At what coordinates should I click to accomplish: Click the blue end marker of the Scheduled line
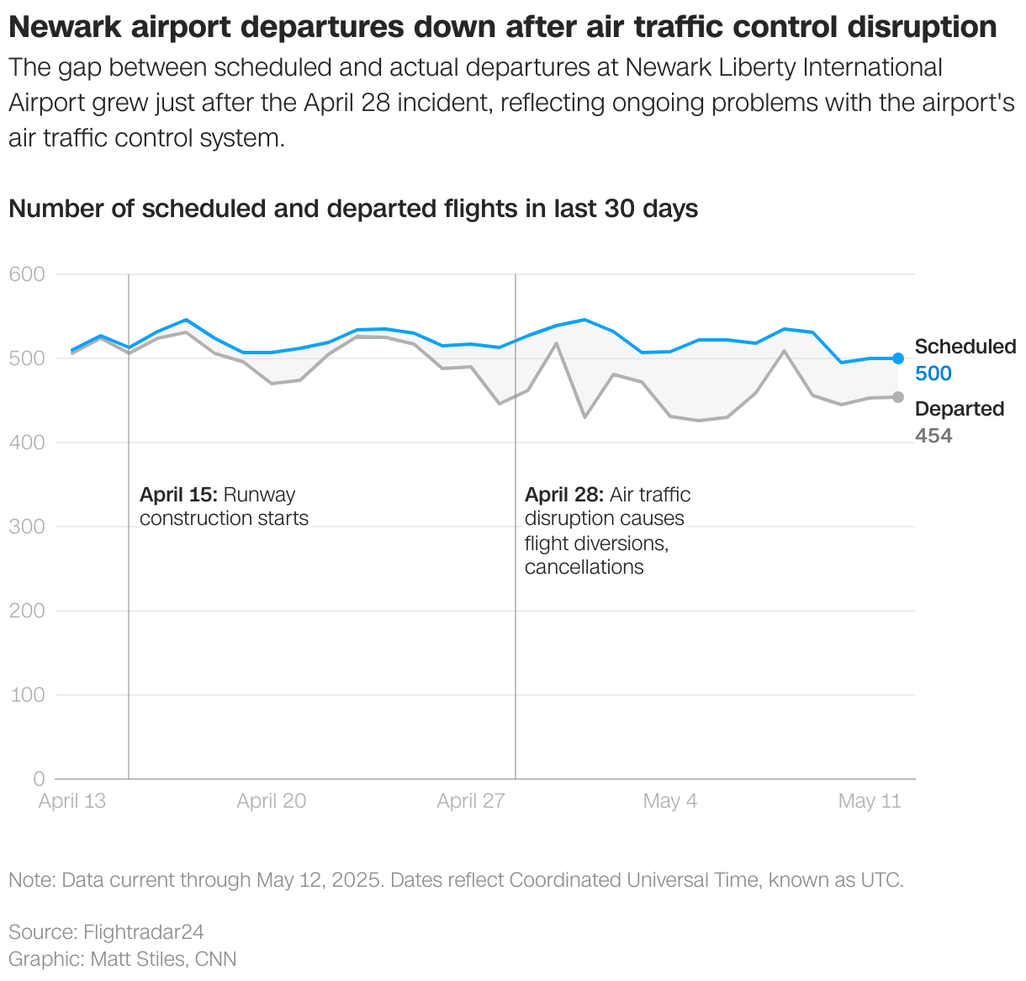click(898, 358)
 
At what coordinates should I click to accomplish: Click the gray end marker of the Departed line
click(898, 397)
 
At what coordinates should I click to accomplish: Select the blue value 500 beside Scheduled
click(933, 374)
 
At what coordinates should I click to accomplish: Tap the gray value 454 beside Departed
click(933, 436)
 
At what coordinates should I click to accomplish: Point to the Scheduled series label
click(965, 347)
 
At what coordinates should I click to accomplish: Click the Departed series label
click(959, 409)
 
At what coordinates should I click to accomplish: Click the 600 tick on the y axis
click(27, 274)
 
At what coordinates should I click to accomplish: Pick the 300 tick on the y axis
click(27, 527)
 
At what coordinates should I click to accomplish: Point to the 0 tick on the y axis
click(39, 779)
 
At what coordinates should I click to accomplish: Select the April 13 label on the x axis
click(72, 801)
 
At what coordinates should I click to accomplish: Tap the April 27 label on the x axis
click(470, 801)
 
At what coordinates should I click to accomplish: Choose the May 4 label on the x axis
click(669, 801)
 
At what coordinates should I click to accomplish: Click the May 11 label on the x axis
click(869, 801)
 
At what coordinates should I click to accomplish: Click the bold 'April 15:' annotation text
click(178, 495)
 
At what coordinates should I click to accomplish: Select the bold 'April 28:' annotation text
click(563, 495)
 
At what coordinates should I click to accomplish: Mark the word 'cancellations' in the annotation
click(584, 567)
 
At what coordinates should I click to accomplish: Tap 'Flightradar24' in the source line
click(143, 932)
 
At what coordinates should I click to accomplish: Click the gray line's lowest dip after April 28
click(698, 420)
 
